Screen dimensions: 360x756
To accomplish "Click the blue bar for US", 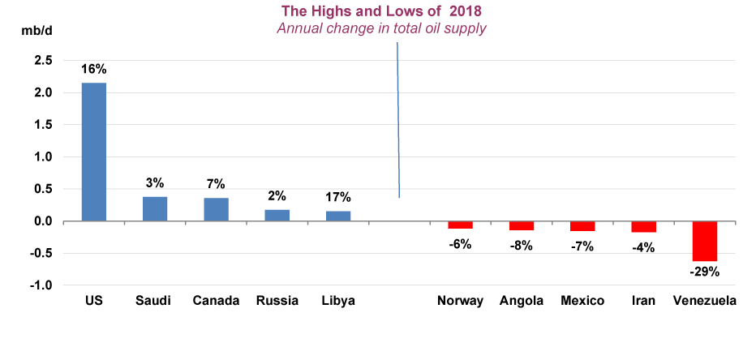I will [93, 152].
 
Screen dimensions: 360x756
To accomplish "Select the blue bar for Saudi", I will [155, 209].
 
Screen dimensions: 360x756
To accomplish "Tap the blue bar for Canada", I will [216, 209].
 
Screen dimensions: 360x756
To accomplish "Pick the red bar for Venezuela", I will [704, 241].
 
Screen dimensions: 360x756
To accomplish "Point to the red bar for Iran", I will [643, 227].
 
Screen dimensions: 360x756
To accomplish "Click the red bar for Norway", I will [460, 225].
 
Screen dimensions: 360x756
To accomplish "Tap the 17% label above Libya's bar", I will [338, 197].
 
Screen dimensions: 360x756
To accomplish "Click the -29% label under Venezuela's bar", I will [704, 273].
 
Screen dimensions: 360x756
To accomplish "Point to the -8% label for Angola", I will [521, 245].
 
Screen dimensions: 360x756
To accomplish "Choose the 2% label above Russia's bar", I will [277, 195].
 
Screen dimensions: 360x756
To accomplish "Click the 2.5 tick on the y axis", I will [44, 61].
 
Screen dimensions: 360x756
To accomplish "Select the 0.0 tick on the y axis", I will [44, 221].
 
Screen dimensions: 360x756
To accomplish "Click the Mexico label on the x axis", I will [582, 301].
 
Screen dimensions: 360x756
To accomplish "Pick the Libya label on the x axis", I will [338, 301].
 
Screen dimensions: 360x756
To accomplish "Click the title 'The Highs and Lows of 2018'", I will [381, 11].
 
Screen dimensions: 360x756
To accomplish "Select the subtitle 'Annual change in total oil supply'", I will [381, 28].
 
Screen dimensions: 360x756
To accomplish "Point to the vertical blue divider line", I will [397, 122].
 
